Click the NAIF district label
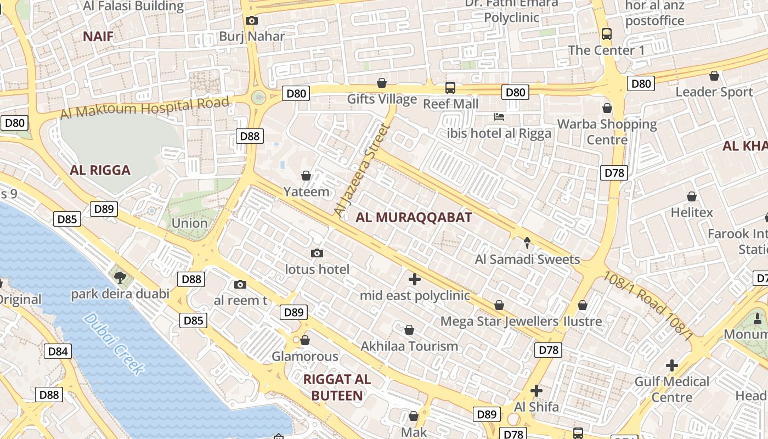[x=98, y=37]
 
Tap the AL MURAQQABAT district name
[x=414, y=217]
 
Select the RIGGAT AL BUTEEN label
[x=337, y=387]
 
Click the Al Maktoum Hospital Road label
[x=144, y=108]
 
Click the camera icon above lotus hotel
[x=317, y=253]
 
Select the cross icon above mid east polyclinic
[x=415, y=279]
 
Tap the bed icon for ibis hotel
[x=499, y=117]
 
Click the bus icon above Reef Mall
[x=450, y=87]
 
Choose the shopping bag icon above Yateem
[x=306, y=176]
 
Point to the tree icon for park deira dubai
[x=120, y=278]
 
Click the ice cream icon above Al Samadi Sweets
[x=527, y=243]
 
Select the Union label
[x=190, y=223]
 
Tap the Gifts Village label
[x=382, y=99]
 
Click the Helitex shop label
[x=692, y=212]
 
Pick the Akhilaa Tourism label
[x=409, y=346]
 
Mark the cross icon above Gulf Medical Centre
[x=671, y=365]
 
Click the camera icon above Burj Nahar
[x=252, y=21]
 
